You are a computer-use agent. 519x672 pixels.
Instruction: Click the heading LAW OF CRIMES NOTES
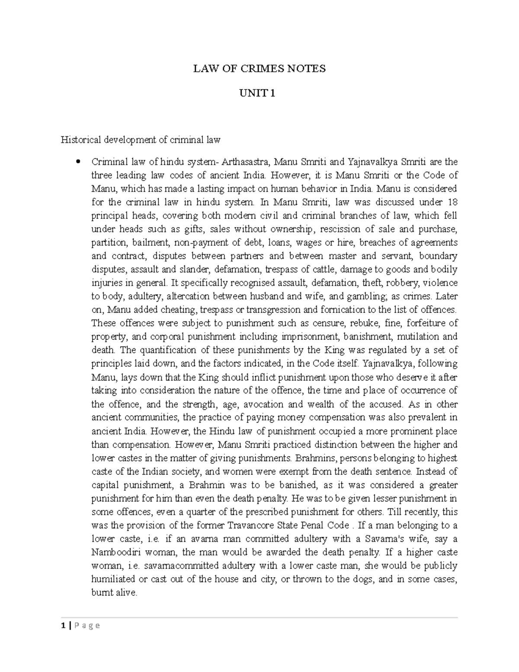259,68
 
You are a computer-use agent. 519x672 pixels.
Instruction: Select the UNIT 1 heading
259,93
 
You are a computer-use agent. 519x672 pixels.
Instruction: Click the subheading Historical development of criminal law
141,140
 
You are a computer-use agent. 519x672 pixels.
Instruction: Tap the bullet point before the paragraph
78,162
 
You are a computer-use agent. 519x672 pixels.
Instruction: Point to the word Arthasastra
246,162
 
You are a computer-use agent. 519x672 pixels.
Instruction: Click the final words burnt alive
114,593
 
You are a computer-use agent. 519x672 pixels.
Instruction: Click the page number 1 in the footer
63,625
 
